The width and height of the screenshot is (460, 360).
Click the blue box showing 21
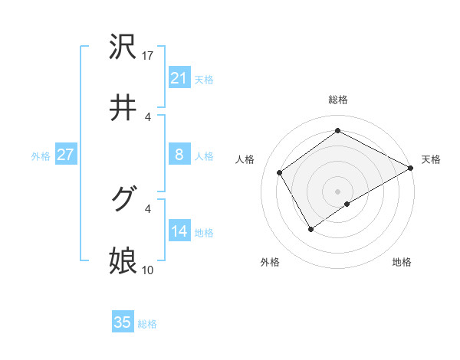[179, 78]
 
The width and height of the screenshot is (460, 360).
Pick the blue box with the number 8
[179, 155]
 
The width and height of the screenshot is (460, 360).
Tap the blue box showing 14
[179, 231]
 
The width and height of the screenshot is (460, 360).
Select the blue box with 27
[65, 155]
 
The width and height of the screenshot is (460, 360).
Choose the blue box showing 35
[123, 322]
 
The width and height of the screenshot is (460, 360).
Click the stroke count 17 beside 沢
[149, 56]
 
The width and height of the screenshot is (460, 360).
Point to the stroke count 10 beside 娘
[149, 270]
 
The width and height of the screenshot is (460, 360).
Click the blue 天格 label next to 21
[204, 79]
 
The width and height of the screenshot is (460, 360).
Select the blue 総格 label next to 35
[147, 324]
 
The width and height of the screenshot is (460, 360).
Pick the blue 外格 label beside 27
[41, 155]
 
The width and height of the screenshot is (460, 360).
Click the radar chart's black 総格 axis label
[337, 100]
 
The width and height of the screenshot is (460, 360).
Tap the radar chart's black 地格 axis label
[402, 262]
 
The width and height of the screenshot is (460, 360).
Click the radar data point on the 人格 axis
[280, 172]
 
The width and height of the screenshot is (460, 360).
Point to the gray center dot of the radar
[337, 191]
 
